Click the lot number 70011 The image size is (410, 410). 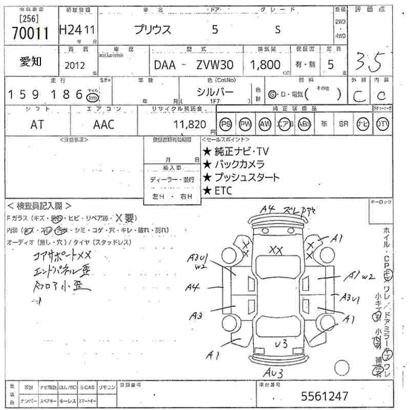tap(30, 34)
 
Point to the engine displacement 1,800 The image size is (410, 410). tap(265, 65)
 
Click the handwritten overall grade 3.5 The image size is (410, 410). tap(369, 63)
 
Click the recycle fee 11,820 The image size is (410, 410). tap(190, 124)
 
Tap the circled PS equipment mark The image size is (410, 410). tap(225, 124)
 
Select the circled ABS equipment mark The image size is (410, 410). tap(304, 124)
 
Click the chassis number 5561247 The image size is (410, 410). tap(324, 396)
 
